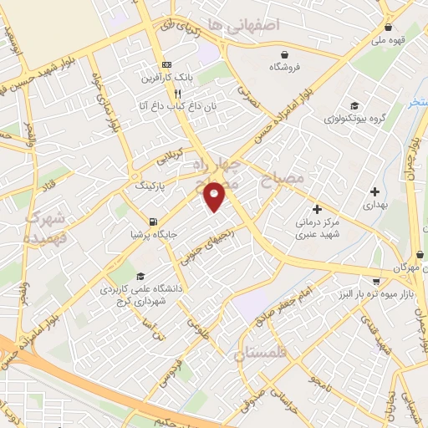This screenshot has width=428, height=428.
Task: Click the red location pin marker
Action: click(x=216, y=196)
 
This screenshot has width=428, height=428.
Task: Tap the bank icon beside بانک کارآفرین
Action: click(x=166, y=64)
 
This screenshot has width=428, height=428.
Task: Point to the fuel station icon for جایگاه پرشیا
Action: click(x=151, y=222)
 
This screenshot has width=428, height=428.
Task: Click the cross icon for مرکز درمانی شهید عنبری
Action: click(x=316, y=208)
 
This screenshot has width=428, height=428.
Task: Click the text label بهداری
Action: click(x=374, y=204)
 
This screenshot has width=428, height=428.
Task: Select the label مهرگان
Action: click(x=403, y=266)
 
